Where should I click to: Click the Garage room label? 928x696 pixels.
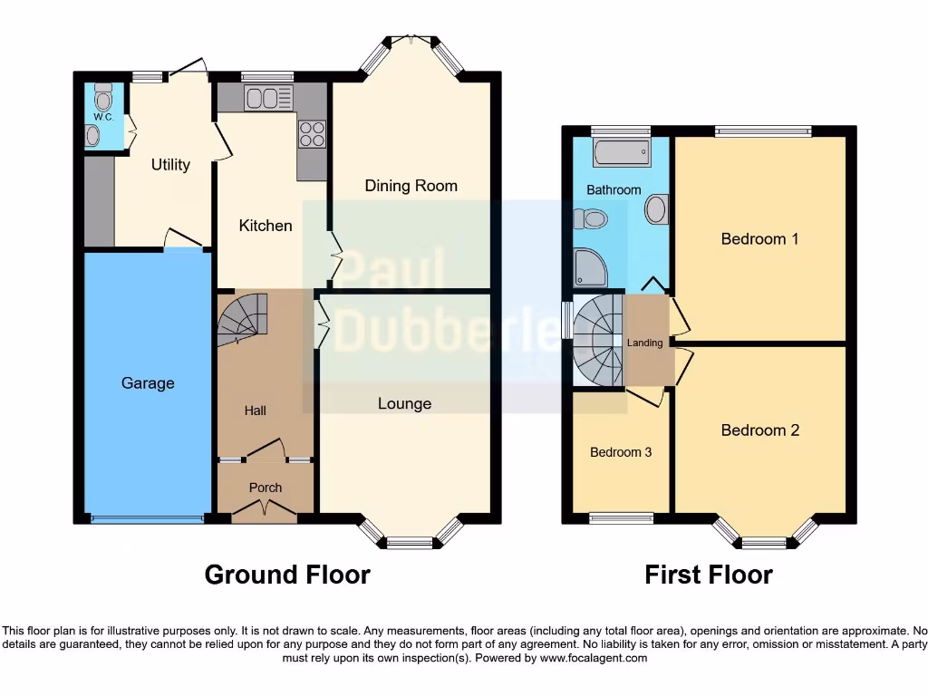point(148,383)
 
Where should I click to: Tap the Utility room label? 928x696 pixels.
point(170,164)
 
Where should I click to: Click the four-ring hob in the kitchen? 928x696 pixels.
point(312,134)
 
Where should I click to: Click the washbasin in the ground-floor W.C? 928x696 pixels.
point(93,135)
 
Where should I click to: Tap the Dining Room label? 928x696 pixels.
point(411,186)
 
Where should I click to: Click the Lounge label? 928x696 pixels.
point(404,403)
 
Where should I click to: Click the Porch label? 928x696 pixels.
point(266,488)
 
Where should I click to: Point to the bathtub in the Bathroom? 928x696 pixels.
point(622,151)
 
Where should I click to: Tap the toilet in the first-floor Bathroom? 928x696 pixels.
point(591,218)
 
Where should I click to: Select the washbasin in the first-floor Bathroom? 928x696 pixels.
point(656,209)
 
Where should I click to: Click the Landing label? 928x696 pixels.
point(645,343)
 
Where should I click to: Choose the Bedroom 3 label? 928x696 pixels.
point(621,452)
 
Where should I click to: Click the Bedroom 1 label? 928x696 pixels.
point(759,239)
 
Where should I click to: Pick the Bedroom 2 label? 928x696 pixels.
point(759,430)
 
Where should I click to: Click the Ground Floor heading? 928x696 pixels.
point(287,575)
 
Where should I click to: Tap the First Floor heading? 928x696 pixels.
point(709,575)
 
